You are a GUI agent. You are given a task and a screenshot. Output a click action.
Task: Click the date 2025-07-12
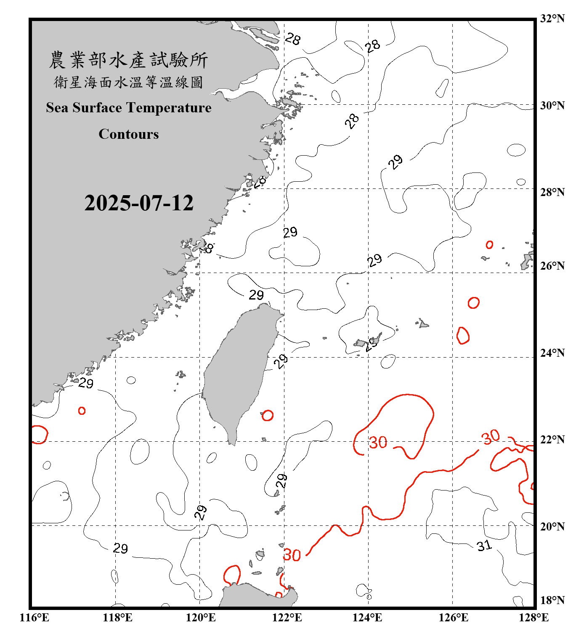[x=139, y=203]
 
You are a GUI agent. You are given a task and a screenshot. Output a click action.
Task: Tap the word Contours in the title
[x=129, y=134]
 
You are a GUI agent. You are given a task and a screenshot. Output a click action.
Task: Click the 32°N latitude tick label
[x=552, y=19]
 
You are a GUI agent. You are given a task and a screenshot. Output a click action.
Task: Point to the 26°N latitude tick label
[x=552, y=266]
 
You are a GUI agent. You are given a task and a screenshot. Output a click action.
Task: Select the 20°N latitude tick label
[x=552, y=526]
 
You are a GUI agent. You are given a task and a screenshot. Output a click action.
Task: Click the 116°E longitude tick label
[x=35, y=618]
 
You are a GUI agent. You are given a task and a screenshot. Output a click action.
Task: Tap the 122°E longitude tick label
[x=287, y=618]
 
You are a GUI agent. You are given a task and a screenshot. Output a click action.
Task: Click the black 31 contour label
[x=484, y=546]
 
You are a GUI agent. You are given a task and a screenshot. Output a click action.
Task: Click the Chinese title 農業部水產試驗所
[x=129, y=60]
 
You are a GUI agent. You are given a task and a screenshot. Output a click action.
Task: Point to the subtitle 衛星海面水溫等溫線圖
[x=129, y=82]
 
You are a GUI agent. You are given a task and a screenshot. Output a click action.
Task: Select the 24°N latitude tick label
[x=552, y=353]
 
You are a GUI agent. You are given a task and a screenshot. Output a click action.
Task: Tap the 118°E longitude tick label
[x=118, y=618]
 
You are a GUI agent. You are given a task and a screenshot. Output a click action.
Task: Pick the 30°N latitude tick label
[x=552, y=106]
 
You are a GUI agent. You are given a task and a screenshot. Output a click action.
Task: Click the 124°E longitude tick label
[x=368, y=618]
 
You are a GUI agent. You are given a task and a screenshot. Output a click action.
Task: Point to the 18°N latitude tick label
[x=552, y=600]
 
